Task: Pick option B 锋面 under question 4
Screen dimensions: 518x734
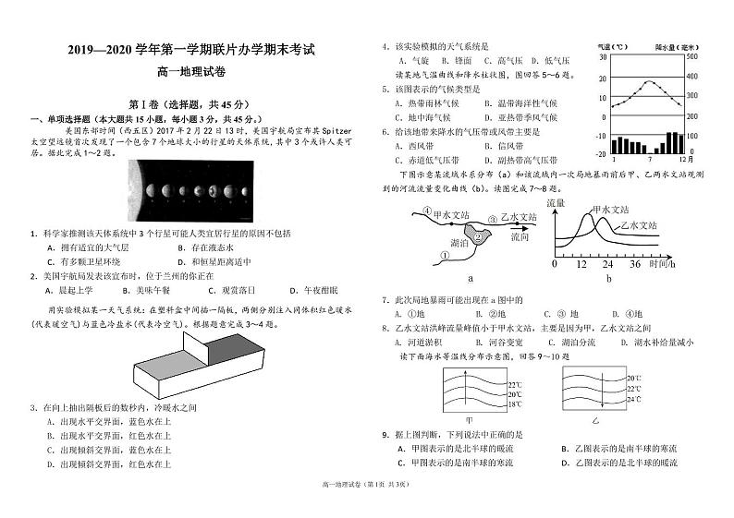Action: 466,60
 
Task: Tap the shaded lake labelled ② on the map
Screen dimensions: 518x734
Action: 478,235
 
